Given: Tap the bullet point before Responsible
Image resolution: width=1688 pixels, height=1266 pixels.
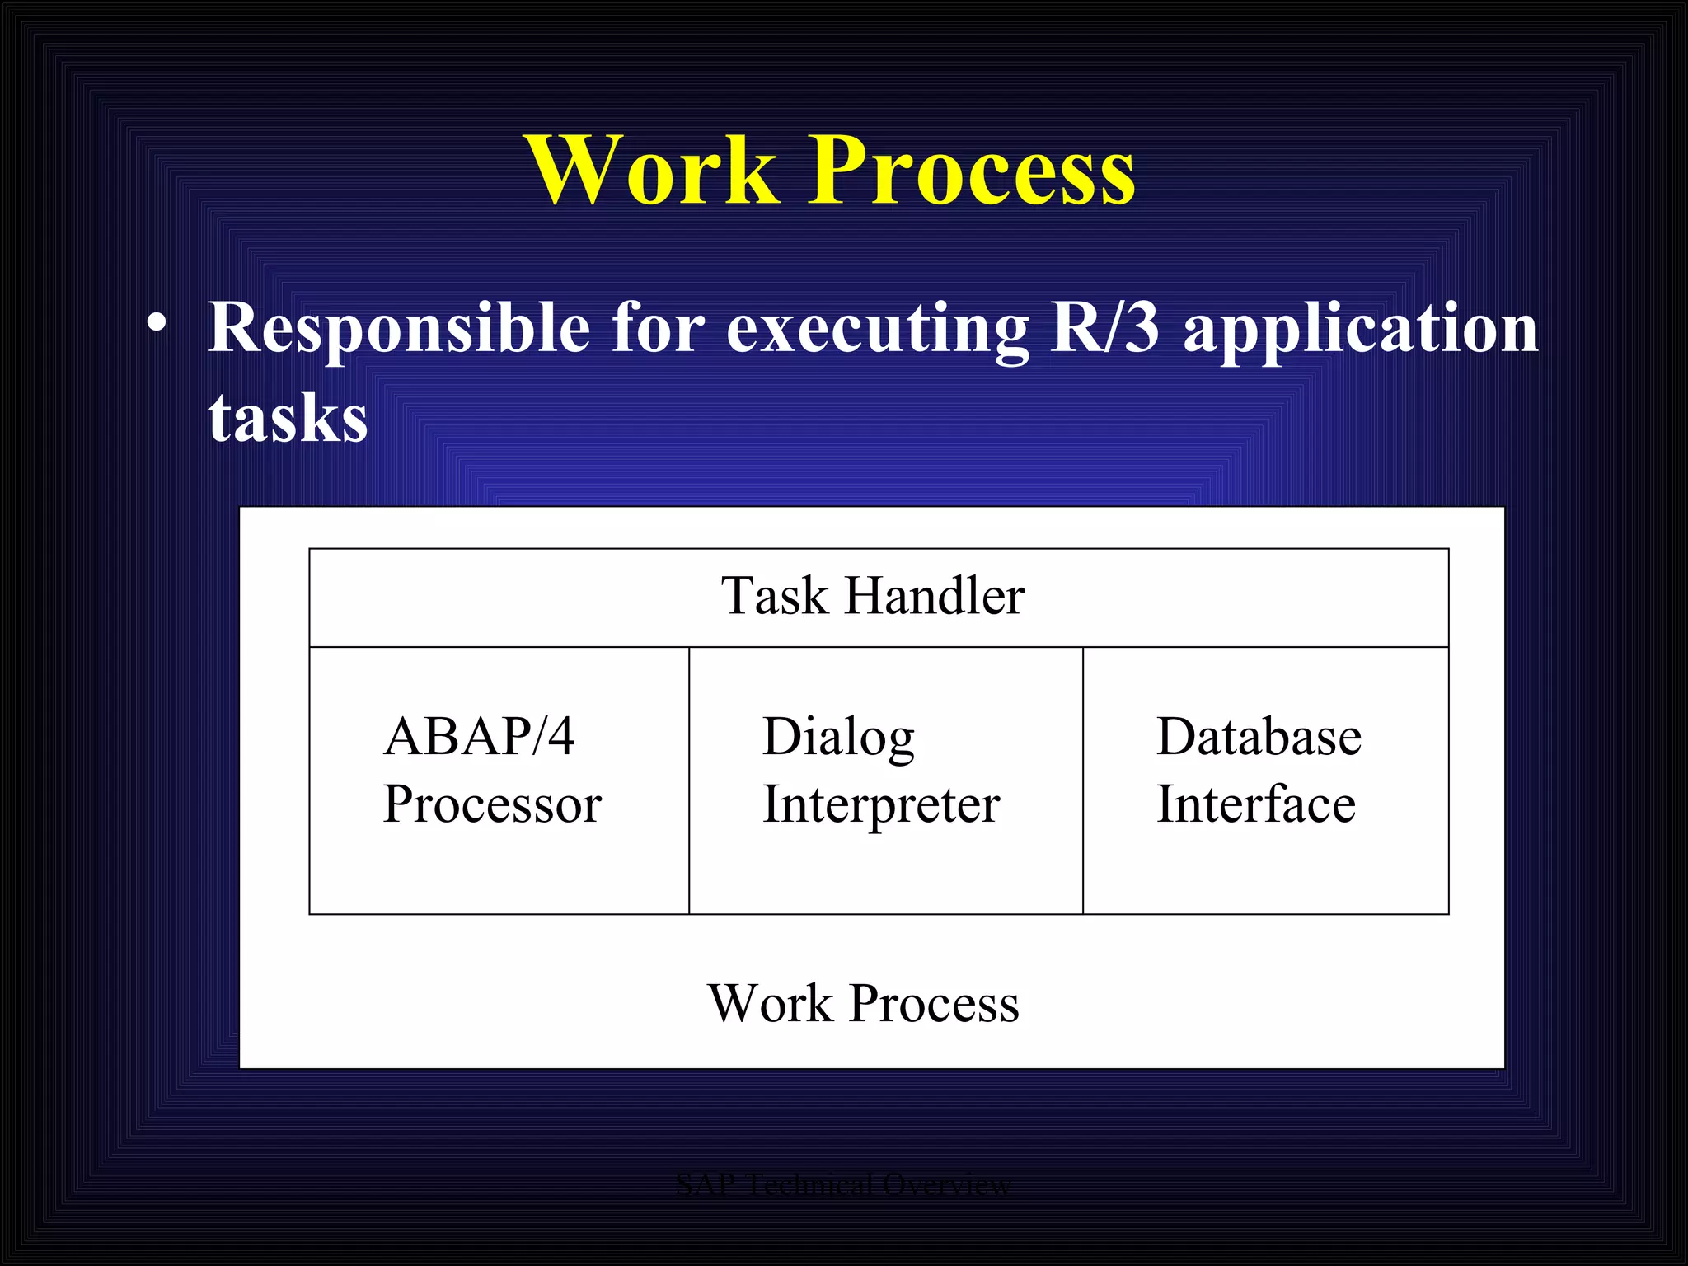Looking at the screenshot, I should click(157, 324).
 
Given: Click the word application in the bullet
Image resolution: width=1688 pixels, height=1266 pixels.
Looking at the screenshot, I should click(1361, 329).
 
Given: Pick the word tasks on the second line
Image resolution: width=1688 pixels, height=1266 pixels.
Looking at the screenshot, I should click(288, 418).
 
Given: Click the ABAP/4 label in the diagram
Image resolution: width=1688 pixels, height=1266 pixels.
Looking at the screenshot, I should click(479, 736).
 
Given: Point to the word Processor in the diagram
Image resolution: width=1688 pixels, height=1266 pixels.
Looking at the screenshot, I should click(492, 804).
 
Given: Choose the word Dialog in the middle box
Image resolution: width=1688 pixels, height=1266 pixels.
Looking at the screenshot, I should click(838, 736).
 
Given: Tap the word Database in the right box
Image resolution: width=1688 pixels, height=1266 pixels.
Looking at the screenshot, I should click(1259, 736).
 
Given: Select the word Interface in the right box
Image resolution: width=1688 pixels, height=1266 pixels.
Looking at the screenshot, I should click(1255, 804).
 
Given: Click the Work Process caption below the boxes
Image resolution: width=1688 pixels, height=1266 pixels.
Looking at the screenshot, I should click(863, 1003).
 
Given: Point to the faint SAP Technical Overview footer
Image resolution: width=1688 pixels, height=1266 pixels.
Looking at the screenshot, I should click(842, 1184).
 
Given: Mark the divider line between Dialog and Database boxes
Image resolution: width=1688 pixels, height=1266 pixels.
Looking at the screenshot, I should click(1082, 781).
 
